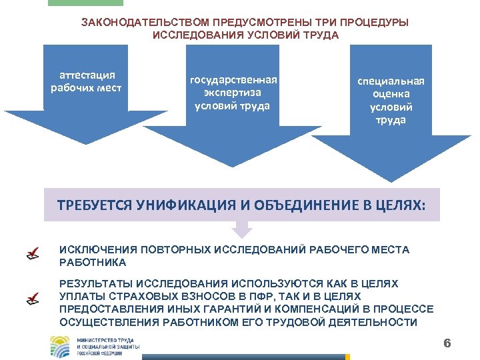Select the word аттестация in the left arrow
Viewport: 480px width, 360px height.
click(87, 75)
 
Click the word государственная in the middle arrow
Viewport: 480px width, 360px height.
click(233, 80)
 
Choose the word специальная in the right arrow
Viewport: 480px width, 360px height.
click(391, 81)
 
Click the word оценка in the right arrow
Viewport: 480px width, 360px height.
click(391, 94)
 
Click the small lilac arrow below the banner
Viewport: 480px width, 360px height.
click(242, 229)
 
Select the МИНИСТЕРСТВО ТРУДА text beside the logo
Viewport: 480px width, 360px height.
click(107, 340)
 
